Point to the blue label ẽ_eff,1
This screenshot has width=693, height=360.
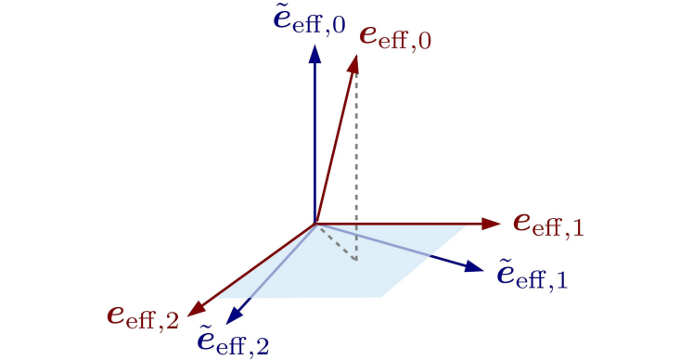(533, 274)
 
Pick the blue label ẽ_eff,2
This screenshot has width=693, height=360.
(234, 341)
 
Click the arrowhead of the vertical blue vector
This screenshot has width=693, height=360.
(315, 55)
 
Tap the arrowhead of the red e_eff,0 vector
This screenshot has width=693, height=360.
(355, 61)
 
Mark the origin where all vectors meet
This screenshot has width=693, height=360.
(315, 224)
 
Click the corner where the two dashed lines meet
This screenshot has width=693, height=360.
(355, 261)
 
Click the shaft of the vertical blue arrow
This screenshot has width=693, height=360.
(315, 139)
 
